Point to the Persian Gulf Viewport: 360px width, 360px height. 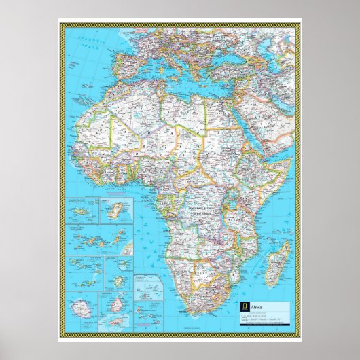[x=283, y=109]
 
